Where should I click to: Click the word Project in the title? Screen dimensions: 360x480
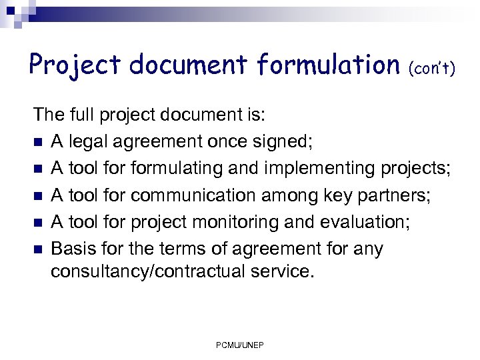(x=75, y=65)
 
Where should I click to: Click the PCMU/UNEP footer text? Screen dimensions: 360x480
(x=240, y=345)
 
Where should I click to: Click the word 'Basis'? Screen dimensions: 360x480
(x=71, y=249)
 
